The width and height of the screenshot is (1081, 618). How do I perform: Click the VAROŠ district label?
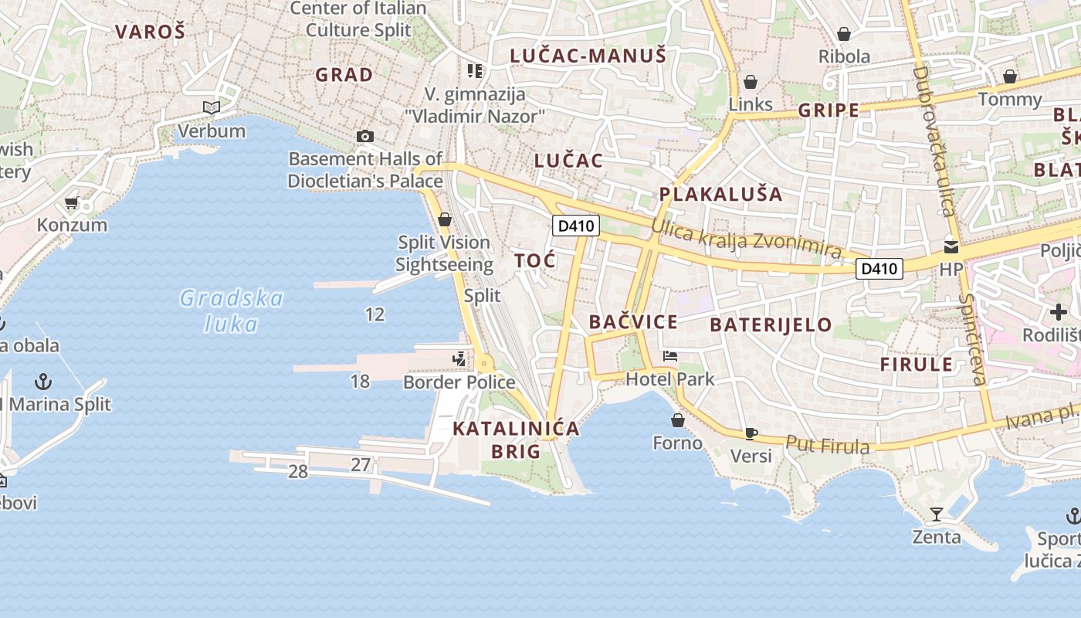click(150, 32)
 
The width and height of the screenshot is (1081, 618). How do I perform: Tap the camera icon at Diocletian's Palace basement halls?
click(365, 137)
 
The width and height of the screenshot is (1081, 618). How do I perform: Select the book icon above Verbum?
click(212, 108)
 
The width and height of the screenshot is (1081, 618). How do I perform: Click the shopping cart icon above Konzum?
click(72, 203)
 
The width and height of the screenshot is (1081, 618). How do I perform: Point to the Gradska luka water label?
click(232, 310)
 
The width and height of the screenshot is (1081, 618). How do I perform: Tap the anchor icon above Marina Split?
click(44, 381)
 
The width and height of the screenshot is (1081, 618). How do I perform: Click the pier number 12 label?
click(374, 314)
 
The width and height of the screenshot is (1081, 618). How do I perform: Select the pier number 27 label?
click(361, 465)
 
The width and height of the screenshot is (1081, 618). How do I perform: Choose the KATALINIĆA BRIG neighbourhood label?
click(516, 440)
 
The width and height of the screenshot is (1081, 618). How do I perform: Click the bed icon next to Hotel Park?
click(670, 356)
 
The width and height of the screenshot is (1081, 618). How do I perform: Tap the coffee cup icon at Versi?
click(751, 433)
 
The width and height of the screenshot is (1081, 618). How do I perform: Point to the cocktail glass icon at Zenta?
click(937, 514)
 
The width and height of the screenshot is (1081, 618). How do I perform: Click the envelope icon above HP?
click(951, 247)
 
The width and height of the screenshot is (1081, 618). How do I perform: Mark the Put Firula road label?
click(828, 445)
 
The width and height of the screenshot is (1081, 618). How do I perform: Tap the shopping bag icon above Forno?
click(678, 420)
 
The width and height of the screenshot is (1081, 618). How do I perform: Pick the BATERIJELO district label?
click(771, 324)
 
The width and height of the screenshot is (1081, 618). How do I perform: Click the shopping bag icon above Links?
click(751, 82)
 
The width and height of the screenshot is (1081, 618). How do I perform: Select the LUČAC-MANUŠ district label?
click(588, 56)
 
